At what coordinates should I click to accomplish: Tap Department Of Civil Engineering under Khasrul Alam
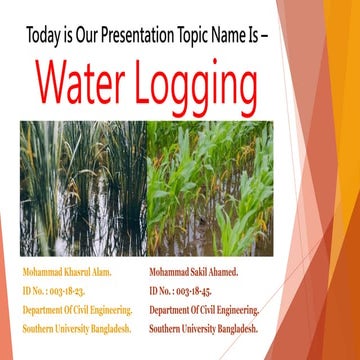[x=76, y=310]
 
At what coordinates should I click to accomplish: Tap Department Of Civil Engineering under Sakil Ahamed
[x=204, y=310]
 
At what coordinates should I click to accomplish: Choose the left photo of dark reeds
[x=82, y=187]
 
